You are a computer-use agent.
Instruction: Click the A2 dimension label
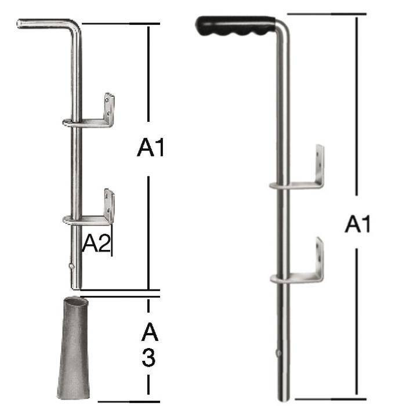96,242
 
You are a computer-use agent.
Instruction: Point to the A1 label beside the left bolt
150,147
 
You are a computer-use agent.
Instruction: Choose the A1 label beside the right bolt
358,223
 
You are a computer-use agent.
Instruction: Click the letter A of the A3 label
150,332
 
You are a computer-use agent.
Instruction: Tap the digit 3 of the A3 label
148,358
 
